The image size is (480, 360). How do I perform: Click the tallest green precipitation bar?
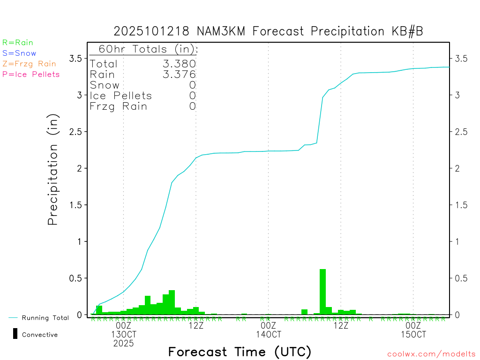[x=322, y=292]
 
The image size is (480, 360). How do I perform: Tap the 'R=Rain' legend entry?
[x=18, y=43]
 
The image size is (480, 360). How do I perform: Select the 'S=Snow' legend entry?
[x=19, y=53]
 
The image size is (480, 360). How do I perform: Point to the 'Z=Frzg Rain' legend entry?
[x=29, y=64]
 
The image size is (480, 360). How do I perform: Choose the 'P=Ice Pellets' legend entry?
[x=31, y=74]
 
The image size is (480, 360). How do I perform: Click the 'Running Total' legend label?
[x=45, y=318]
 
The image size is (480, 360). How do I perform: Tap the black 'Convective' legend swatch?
[x=15, y=334]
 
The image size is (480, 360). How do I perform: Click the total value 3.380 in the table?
[x=179, y=64]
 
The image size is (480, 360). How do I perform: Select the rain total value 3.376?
[x=179, y=75]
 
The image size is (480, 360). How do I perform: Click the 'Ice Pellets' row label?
[x=121, y=96]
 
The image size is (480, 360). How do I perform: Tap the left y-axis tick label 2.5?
[x=75, y=132]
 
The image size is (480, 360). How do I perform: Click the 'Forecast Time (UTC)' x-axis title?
[x=240, y=352]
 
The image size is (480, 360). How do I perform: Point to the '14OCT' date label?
[x=269, y=334]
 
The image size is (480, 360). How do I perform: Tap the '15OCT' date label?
[x=413, y=334]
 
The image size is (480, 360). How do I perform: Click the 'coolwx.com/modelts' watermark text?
[x=431, y=354]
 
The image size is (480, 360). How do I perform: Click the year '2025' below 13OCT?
[x=123, y=343]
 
